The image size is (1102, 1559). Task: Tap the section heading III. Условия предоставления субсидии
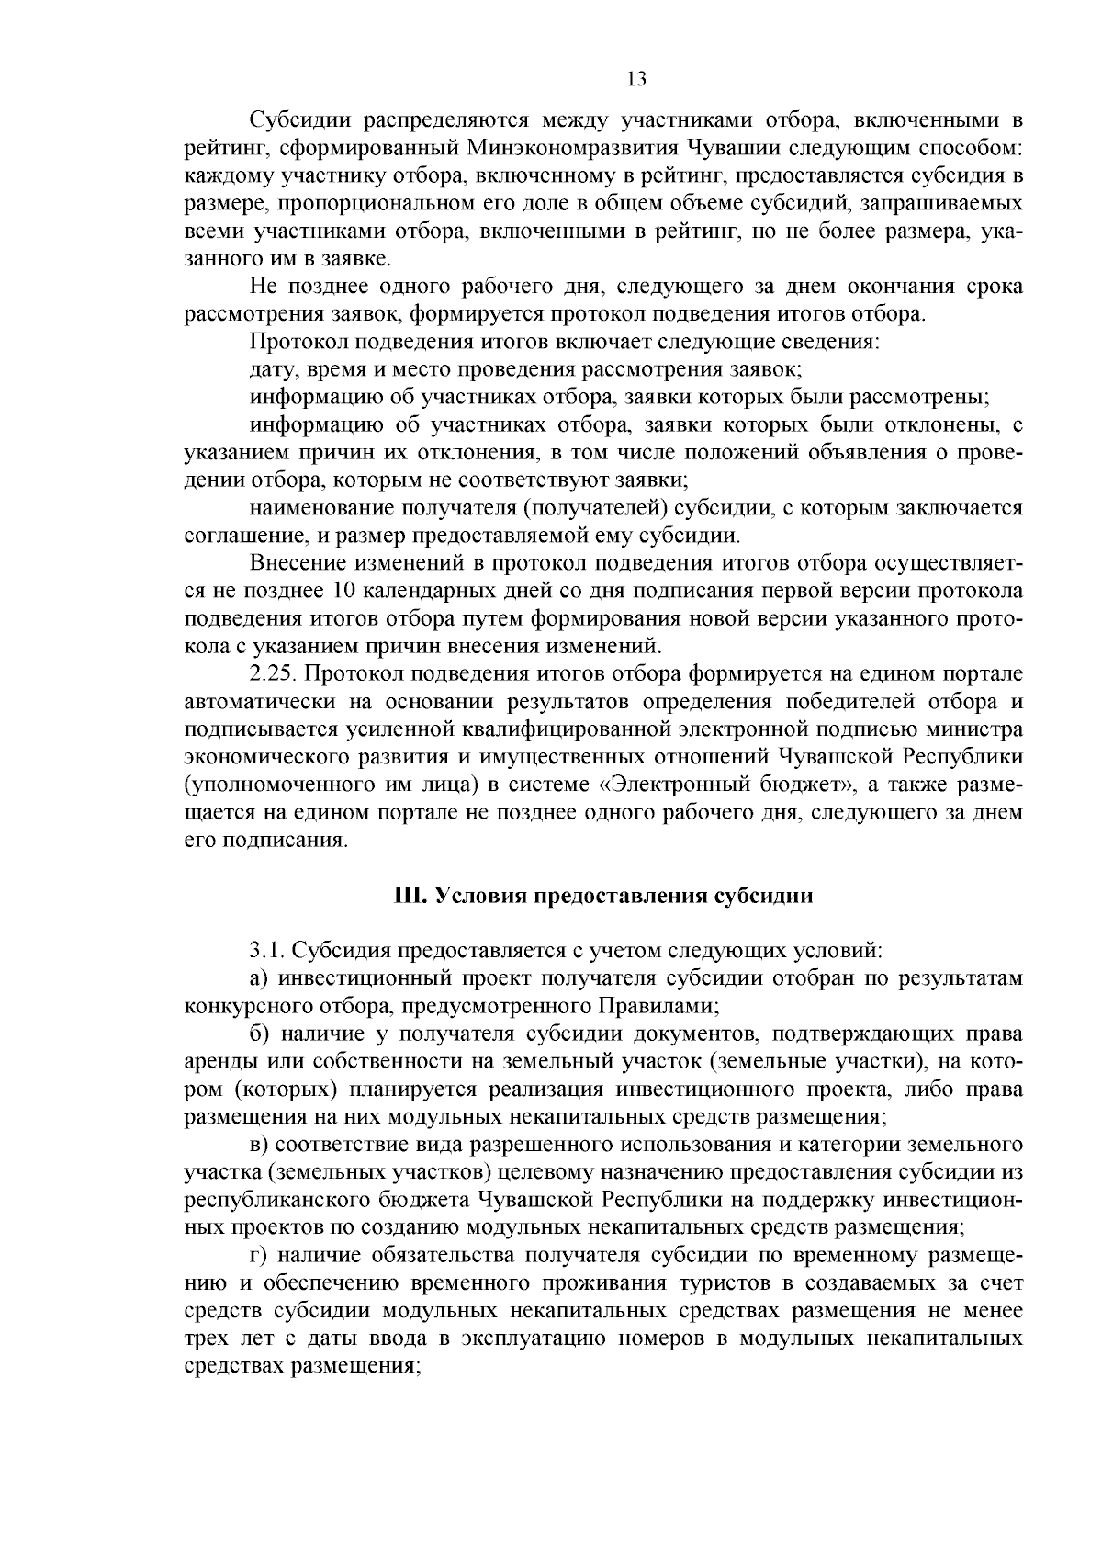[603, 896]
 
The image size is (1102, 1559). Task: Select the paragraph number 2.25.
[273, 675]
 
